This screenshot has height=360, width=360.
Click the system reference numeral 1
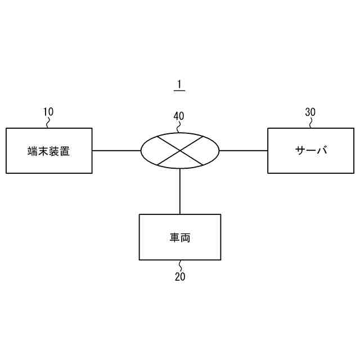pos(179,84)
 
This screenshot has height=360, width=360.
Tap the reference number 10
pos(48,111)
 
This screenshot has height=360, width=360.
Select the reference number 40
pos(179,116)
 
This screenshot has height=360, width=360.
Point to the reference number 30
pos(310,111)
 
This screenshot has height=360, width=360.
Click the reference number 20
pos(180,276)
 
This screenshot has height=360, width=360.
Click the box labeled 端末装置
pos(49,150)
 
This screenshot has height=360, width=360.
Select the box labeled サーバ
pos(310,150)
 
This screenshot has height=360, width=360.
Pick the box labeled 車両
pos(180,237)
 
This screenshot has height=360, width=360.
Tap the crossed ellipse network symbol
pos(180,150)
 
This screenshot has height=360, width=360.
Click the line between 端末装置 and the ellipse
pos(116,150)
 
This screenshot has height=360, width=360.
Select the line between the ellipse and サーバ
pos(244,150)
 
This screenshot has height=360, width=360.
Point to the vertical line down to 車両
pos(180,191)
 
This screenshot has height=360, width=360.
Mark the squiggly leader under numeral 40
pos(179,127)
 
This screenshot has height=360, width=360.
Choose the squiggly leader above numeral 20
pos(180,265)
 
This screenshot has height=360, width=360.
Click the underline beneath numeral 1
pos(179,91)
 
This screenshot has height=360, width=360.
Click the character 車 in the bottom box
pos(174,237)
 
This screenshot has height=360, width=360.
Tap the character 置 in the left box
pos(65,151)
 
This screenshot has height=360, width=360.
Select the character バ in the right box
pos(322,150)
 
